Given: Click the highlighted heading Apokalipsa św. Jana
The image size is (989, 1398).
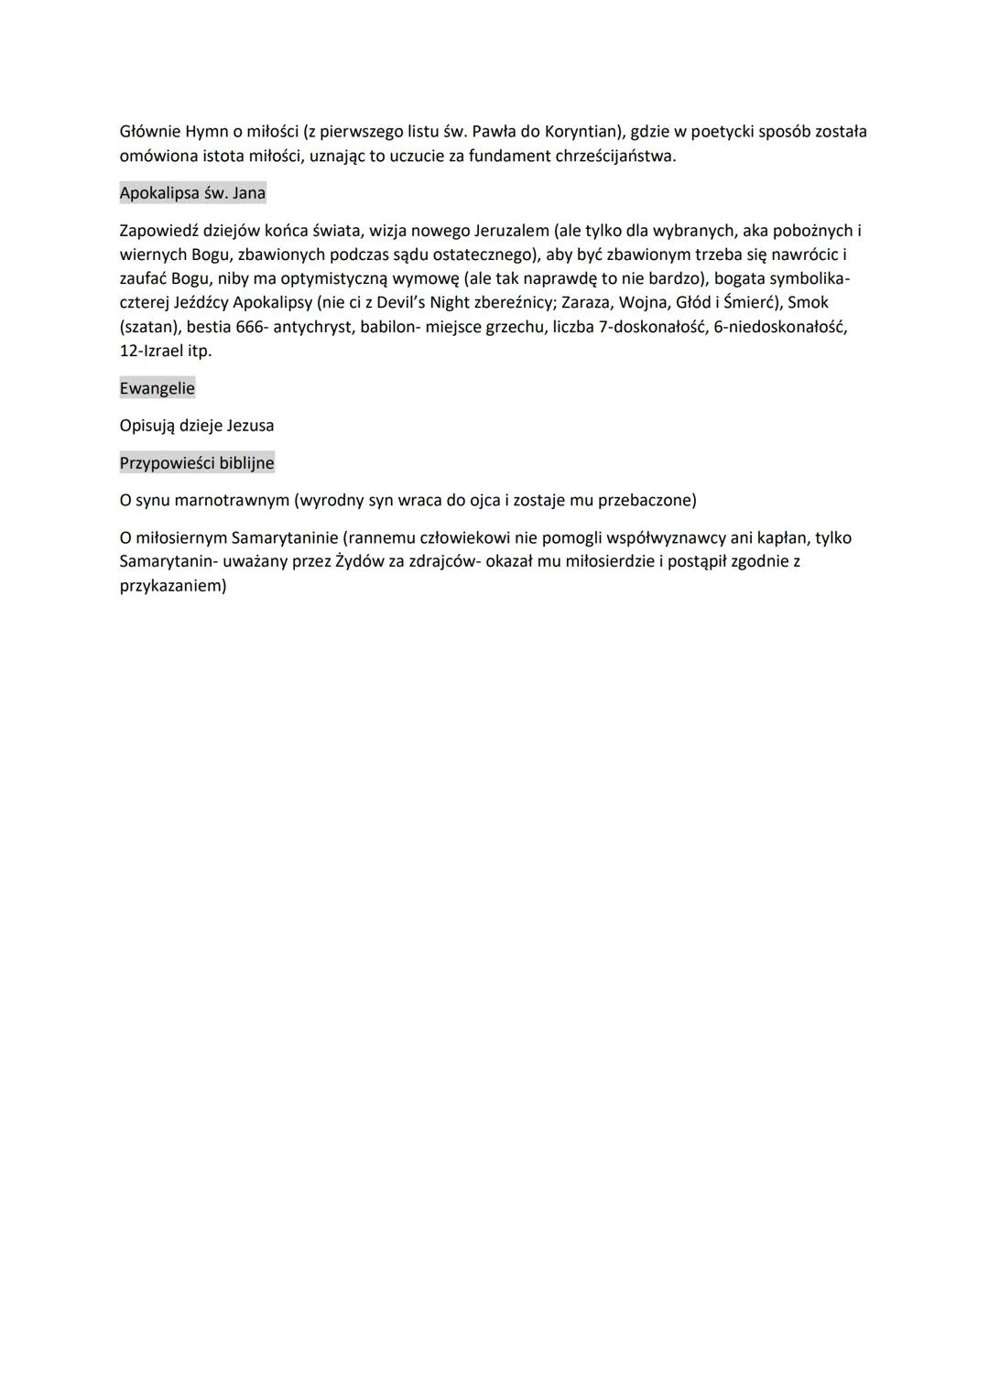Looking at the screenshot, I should (x=192, y=193).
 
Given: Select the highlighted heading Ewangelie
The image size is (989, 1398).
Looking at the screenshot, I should (x=157, y=388).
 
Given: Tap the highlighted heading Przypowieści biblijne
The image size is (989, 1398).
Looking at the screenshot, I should (x=197, y=463).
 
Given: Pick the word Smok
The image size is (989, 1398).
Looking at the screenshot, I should (x=808, y=303).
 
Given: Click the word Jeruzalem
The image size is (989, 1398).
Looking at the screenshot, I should (x=511, y=231).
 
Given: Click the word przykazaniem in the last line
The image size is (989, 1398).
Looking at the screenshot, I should (x=172, y=586).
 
